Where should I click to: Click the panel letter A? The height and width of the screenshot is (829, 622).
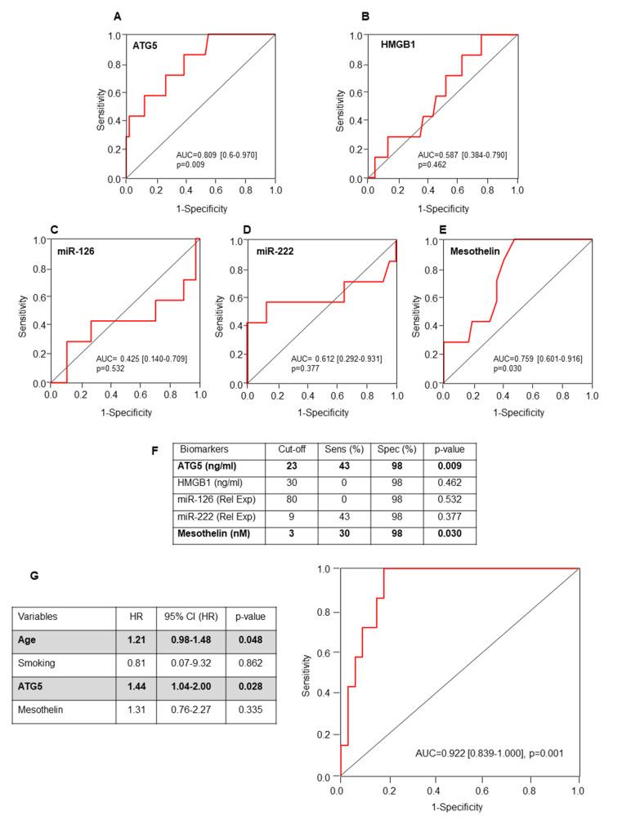pyautogui.click(x=118, y=16)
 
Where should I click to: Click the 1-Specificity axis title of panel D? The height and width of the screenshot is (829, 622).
pyautogui.click(x=321, y=413)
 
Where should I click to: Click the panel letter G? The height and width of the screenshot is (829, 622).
pyautogui.click(x=34, y=575)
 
